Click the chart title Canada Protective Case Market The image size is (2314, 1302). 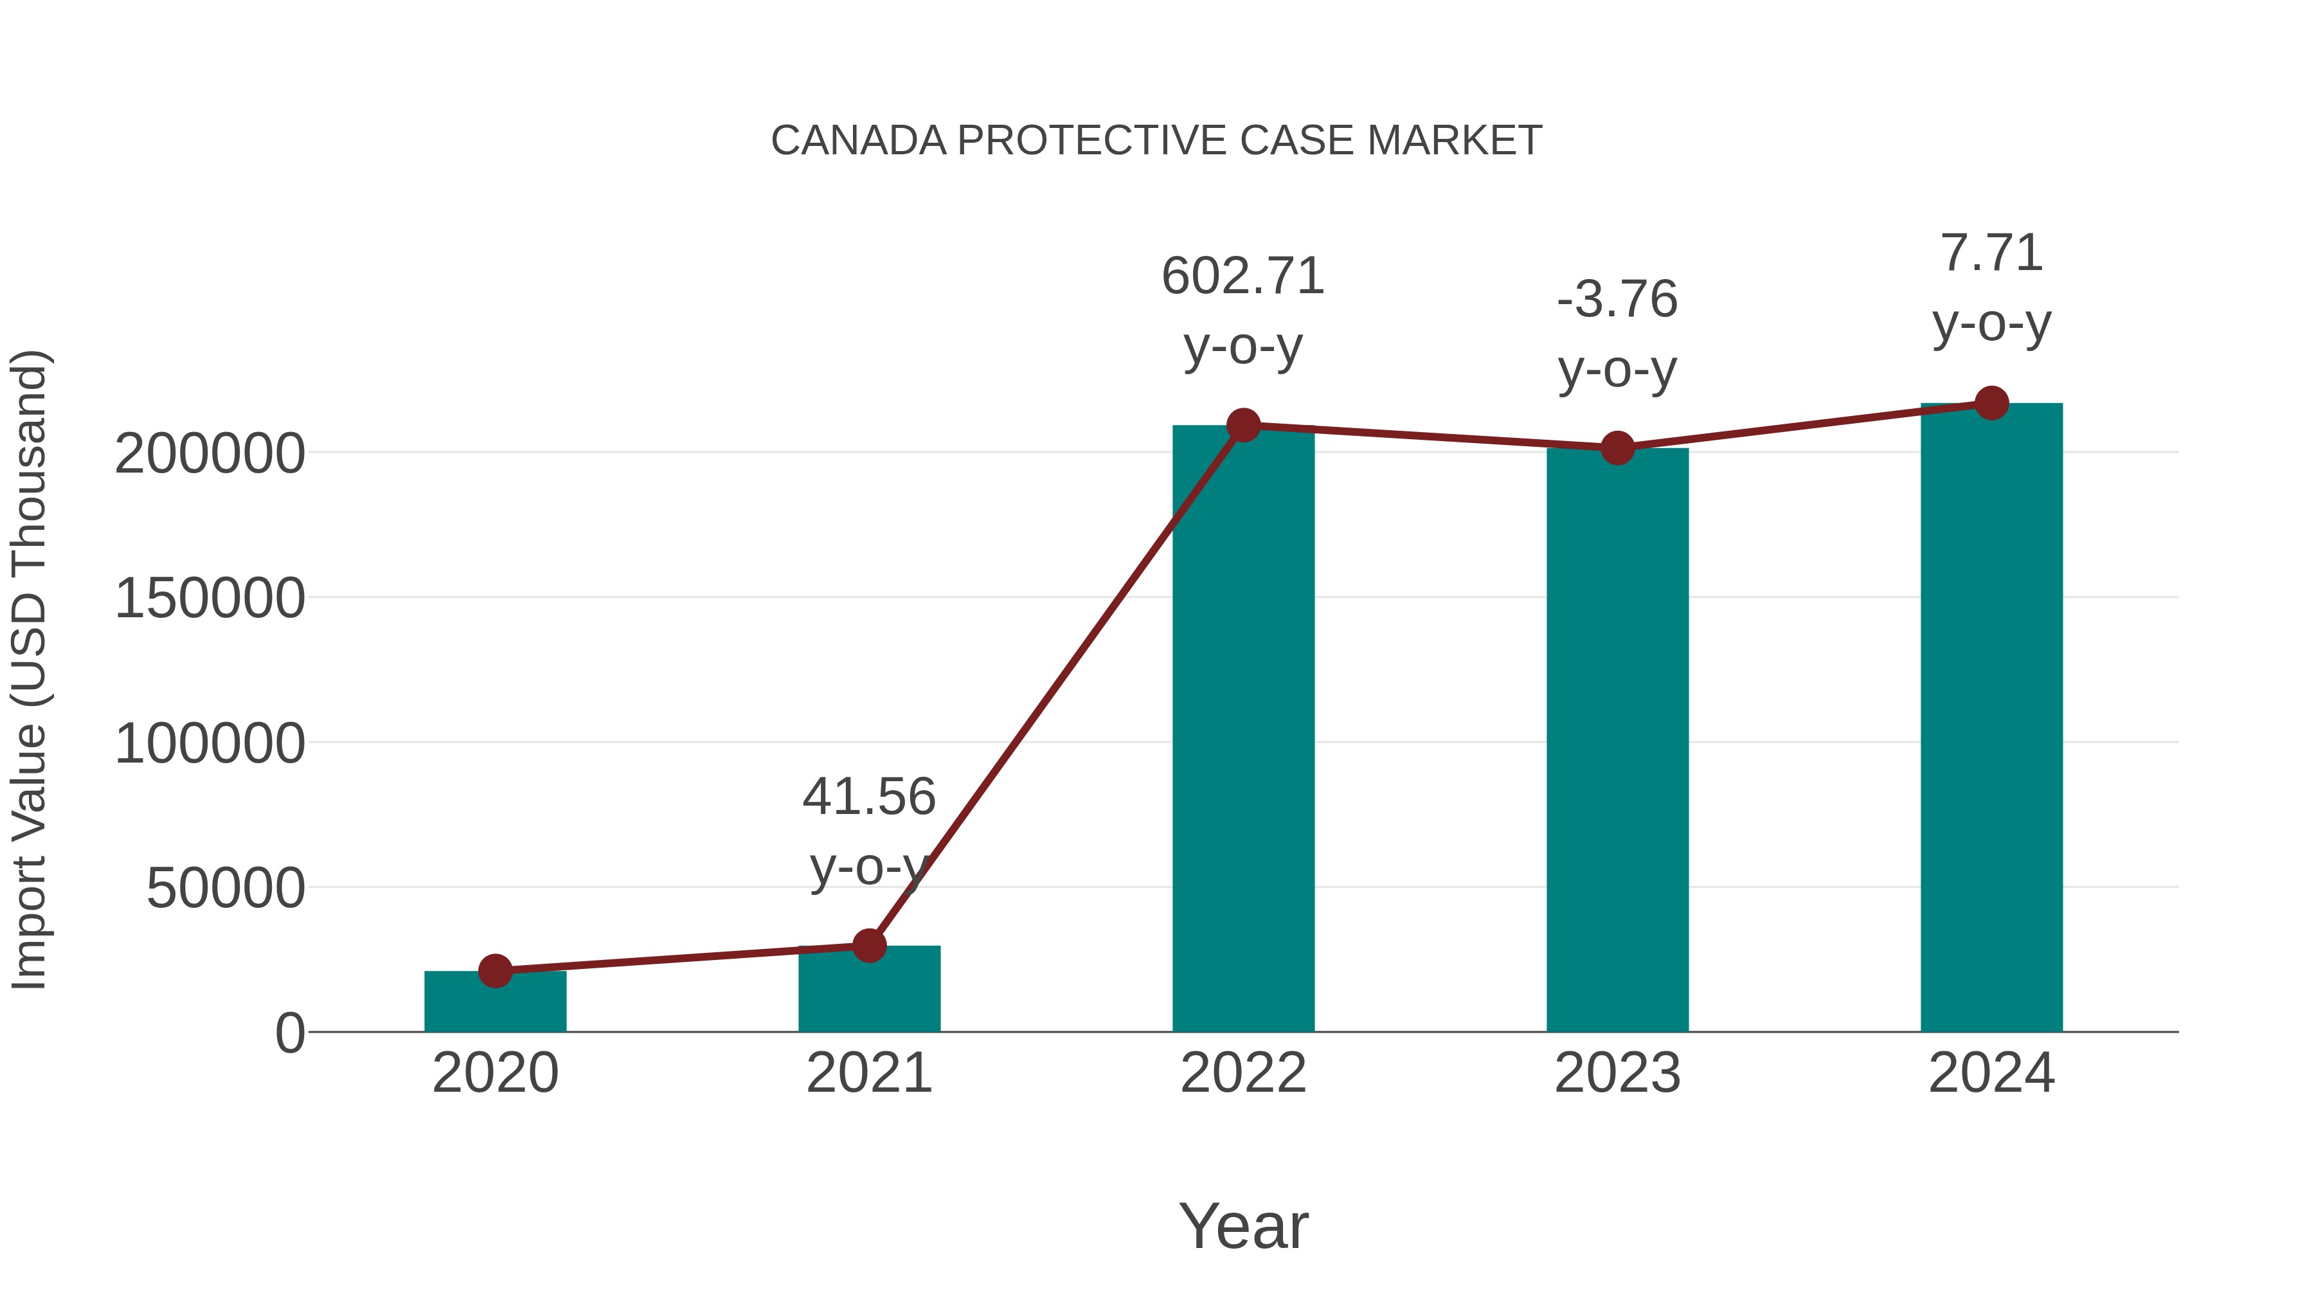coord(1156,141)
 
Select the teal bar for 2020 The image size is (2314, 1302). coord(495,1004)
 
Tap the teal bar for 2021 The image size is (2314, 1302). coord(868,991)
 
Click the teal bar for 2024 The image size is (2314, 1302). coord(1991,719)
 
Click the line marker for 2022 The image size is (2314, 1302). coord(1243,425)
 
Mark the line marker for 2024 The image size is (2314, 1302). coord(1991,403)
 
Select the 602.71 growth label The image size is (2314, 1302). coord(1243,276)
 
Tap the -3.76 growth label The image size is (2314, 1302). coord(1617,300)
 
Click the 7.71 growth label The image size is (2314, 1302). coord(1991,253)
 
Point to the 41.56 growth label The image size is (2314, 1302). coord(868,798)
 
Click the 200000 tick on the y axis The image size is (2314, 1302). coord(210,454)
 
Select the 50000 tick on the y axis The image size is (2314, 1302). coord(226,889)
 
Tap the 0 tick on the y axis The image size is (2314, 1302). coord(290,1033)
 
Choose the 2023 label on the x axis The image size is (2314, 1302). coord(1617,1074)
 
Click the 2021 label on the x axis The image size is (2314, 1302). coord(868,1074)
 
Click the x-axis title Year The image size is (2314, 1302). coord(1243,1227)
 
